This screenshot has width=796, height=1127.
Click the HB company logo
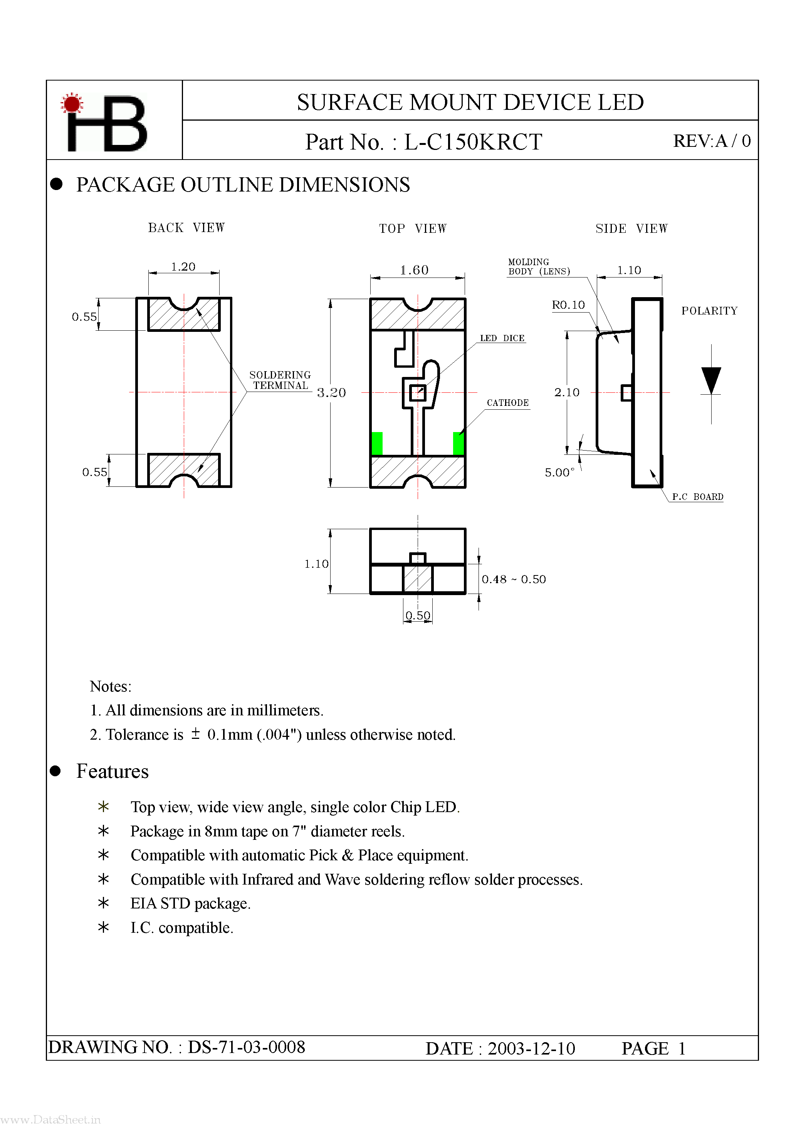click(104, 122)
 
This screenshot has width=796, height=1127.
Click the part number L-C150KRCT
click(473, 142)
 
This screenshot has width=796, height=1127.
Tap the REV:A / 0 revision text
click(711, 141)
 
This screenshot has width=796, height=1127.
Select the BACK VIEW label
click(186, 228)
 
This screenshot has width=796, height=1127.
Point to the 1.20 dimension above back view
click(183, 267)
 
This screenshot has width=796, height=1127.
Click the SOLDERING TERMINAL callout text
click(280, 380)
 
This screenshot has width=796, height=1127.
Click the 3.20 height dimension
click(331, 393)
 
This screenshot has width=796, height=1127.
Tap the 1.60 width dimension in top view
click(414, 270)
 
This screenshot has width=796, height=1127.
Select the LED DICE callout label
click(502, 338)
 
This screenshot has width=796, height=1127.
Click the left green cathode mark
click(377, 443)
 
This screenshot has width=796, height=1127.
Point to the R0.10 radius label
click(568, 305)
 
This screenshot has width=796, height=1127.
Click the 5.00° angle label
click(559, 473)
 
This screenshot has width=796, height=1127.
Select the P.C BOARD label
click(697, 497)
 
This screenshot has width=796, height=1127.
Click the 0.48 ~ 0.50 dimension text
click(513, 580)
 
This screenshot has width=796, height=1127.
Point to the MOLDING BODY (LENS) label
click(538, 267)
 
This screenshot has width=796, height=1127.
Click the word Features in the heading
click(113, 772)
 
